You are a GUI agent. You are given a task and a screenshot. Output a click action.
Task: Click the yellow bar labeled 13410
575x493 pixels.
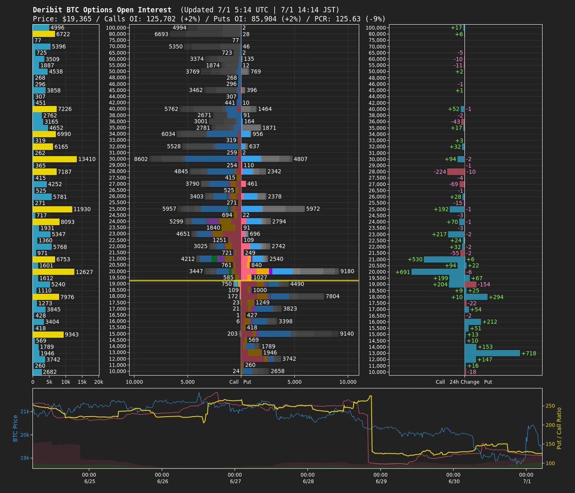click(x=54, y=159)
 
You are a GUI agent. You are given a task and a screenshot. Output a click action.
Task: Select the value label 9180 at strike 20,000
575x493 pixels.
click(x=347, y=272)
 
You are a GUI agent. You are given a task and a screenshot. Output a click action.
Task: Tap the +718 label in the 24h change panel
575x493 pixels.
click(x=529, y=353)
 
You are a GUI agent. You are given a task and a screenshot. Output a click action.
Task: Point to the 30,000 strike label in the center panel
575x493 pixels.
click(x=115, y=159)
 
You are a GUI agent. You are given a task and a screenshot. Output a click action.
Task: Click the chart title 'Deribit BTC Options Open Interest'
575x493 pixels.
click(x=102, y=10)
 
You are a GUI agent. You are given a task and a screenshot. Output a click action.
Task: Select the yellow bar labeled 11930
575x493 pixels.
click(x=52, y=209)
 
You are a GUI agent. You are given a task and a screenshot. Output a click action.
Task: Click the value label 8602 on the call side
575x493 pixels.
click(x=141, y=159)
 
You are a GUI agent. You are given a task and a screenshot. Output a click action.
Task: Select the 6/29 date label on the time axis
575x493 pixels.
click(x=381, y=481)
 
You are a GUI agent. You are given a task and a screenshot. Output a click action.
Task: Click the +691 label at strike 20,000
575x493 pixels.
click(x=403, y=272)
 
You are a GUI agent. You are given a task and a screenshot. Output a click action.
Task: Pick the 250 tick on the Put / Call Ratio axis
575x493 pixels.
click(x=551, y=406)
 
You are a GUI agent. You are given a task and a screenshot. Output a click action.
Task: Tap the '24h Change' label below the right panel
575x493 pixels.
click(x=463, y=382)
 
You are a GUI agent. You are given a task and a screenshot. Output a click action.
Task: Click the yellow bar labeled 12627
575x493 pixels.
click(x=53, y=272)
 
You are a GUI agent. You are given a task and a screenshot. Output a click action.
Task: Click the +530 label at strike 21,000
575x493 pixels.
click(x=415, y=259)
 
